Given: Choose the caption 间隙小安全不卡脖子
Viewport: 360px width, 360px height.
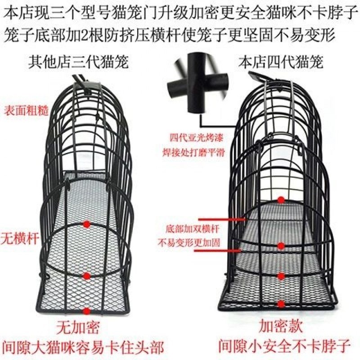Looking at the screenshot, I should [284, 346].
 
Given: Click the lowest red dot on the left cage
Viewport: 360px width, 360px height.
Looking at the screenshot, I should [86, 310].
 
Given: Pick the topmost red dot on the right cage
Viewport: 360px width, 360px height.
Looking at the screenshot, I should [281, 199].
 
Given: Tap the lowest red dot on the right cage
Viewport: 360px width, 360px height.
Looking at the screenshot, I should [281, 304].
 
